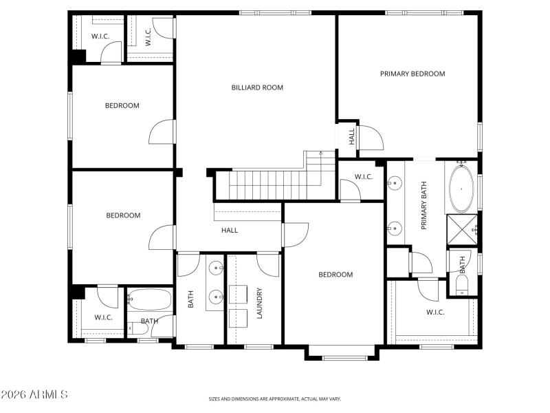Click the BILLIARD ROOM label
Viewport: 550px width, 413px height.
coord(257,87)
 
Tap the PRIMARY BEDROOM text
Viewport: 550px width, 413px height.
coord(412,74)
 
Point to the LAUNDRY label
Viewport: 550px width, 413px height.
coord(260,304)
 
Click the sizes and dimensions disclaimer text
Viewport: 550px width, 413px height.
coord(274,399)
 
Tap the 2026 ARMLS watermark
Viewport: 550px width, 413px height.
coord(34,395)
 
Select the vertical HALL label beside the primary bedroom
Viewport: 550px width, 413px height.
coord(351,136)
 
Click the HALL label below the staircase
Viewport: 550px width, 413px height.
coord(230,230)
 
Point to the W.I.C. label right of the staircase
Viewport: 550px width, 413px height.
coord(364,177)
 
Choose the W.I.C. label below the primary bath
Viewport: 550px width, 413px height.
coord(435,312)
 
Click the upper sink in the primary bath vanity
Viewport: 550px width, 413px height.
coord(395,183)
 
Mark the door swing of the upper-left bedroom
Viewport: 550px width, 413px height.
coord(162,131)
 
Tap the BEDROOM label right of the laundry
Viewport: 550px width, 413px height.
coord(335,275)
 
